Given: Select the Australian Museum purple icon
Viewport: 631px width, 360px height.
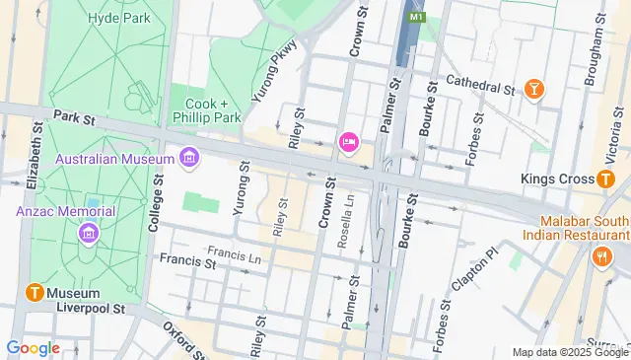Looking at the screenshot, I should click(x=189, y=158).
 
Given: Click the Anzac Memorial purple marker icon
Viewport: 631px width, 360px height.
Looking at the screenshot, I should click(x=89, y=234).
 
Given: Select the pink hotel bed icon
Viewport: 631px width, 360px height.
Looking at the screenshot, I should click(x=348, y=144).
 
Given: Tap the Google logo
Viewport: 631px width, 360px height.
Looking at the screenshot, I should click(x=33, y=347).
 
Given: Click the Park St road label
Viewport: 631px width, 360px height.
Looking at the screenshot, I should click(x=73, y=116).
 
